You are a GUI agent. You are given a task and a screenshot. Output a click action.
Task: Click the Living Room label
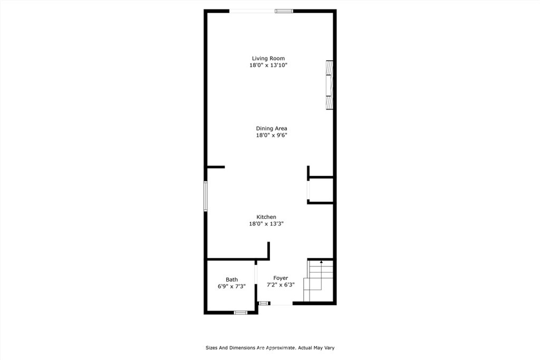[x=268, y=59]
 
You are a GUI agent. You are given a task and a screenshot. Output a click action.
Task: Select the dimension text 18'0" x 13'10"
[x=268, y=65]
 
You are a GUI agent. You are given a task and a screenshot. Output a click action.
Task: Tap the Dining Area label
[x=272, y=129]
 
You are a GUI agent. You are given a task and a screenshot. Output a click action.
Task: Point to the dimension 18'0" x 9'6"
[x=272, y=135]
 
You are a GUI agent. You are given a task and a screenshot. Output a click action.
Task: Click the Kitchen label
[x=266, y=217]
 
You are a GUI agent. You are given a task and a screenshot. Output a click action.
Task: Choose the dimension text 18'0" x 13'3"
[x=266, y=223]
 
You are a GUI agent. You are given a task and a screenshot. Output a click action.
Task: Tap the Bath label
[x=232, y=279]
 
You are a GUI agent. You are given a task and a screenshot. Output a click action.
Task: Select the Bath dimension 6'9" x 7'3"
[x=232, y=286]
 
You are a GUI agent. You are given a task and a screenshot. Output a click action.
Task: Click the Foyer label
[x=281, y=278]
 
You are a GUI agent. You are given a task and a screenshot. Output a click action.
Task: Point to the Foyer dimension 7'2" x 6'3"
[x=281, y=285]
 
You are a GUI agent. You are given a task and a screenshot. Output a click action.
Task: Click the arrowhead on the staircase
[x=321, y=262]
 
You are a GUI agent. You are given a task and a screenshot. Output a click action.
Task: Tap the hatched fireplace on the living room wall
[x=330, y=85]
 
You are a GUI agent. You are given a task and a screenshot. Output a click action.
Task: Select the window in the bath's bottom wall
[x=240, y=313]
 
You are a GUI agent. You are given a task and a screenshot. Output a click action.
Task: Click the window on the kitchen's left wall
[x=206, y=196]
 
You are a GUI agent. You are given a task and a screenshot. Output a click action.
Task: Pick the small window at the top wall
[x=284, y=12]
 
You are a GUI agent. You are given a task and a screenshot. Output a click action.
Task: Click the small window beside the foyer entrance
[x=264, y=303]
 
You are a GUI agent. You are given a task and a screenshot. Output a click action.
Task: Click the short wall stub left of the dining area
[x=216, y=167]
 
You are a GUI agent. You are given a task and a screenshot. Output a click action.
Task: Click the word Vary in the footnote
[x=329, y=348]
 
